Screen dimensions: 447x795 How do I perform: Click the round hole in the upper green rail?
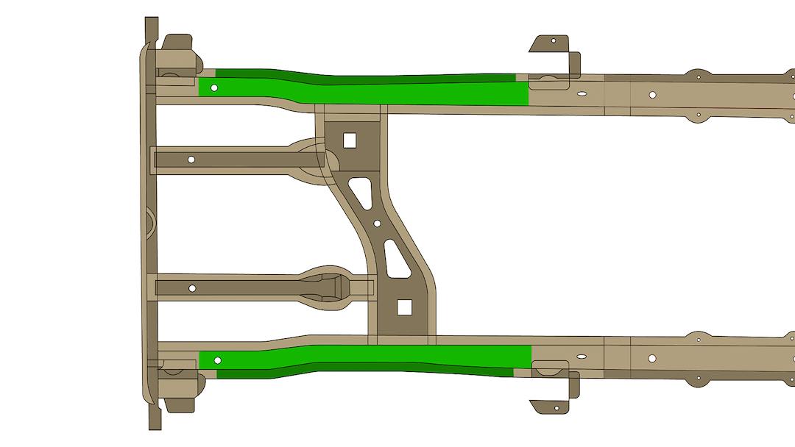pyautogui.click(x=214, y=87)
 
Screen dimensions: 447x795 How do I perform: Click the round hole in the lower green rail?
pyautogui.click(x=217, y=360)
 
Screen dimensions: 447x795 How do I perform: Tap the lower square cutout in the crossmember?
pyautogui.click(x=403, y=307)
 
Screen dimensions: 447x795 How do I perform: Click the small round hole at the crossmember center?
pyautogui.click(x=377, y=223)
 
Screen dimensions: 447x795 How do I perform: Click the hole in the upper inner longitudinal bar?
pyautogui.click(x=191, y=160)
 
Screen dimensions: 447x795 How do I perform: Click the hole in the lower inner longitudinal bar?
pyautogui.click(x=192, y=287)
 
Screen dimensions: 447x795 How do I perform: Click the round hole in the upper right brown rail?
pyautogui.click(x=652, y=95)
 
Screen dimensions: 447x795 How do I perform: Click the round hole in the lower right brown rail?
pyautogui.click(x=652, y=358)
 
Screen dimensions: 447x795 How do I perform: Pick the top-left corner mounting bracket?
pyautogui.click(x=177, y=55)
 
